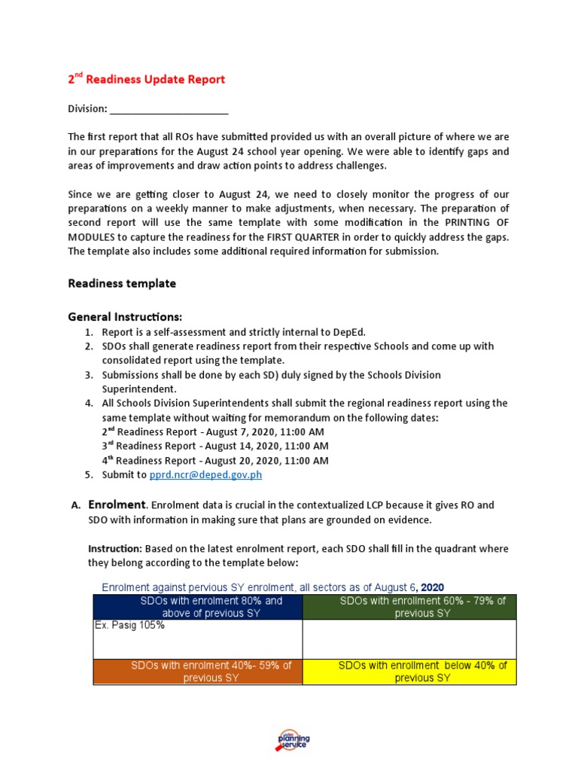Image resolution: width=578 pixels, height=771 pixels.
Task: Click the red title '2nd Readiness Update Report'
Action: (147, 79)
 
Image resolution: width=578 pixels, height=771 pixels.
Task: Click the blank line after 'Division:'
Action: (169, 109)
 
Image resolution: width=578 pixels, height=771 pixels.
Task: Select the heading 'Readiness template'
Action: (122, 284)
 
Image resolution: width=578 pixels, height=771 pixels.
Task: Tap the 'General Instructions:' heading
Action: (125, 316)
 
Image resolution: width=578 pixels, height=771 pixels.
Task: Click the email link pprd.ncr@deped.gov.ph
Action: (205, 475)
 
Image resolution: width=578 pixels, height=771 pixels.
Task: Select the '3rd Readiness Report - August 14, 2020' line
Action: (214, 446)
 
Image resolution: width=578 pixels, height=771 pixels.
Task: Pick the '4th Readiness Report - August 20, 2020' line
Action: (214, 461)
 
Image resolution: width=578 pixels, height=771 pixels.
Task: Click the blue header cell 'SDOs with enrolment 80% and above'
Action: (198, 607)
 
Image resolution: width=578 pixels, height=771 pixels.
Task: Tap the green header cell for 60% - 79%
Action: (409, 607)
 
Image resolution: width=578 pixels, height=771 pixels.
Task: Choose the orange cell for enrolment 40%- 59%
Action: (198, 672)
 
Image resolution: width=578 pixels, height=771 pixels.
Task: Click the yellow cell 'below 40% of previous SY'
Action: (409, 672)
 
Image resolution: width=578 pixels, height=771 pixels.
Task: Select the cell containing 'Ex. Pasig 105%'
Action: (198, 639)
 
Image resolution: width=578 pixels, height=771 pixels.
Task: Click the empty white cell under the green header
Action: (409, 639)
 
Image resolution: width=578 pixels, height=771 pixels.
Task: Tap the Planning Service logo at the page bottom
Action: (293, 740)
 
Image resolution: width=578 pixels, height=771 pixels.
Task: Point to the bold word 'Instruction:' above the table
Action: (114, 549)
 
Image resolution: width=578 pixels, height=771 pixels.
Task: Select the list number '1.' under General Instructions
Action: (89, 332)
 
